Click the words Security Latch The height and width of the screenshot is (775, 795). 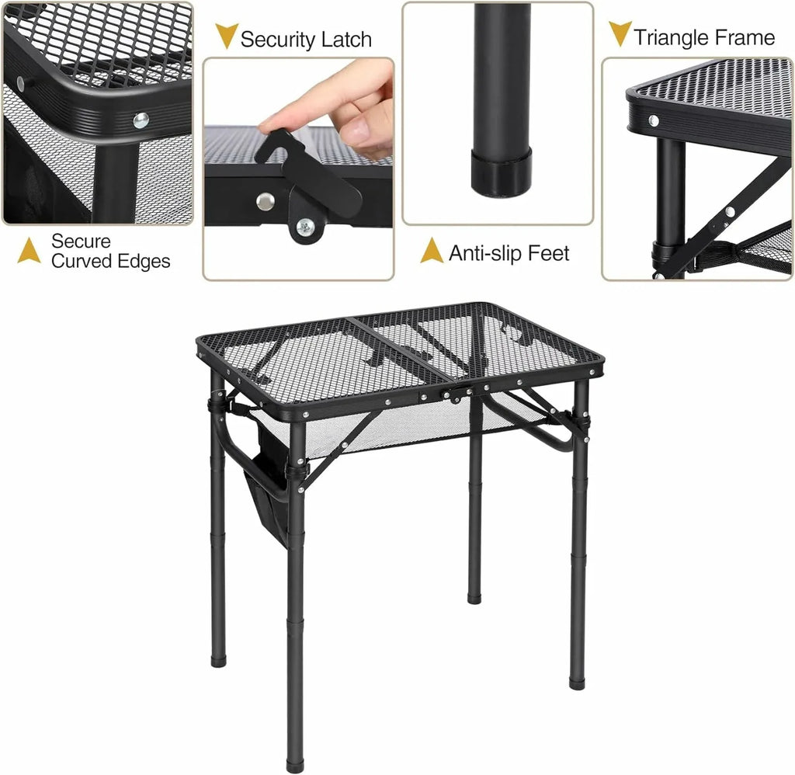tap(305, 40)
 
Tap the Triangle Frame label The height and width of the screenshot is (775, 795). tap(703, 37)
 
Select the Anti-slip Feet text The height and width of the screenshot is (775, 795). tap(509, 253)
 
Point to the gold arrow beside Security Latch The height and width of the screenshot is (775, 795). tap(226, 36)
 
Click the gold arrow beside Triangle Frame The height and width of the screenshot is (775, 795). tap(619, 33)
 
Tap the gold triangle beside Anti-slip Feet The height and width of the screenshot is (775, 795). tap(432, 251)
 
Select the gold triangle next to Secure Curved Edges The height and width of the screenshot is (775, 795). tap(30, 251)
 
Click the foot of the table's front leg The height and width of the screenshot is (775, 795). tap(296, 766)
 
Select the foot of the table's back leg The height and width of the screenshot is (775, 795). tap(474, 597)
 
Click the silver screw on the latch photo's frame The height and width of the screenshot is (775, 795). tap(266, 201)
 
